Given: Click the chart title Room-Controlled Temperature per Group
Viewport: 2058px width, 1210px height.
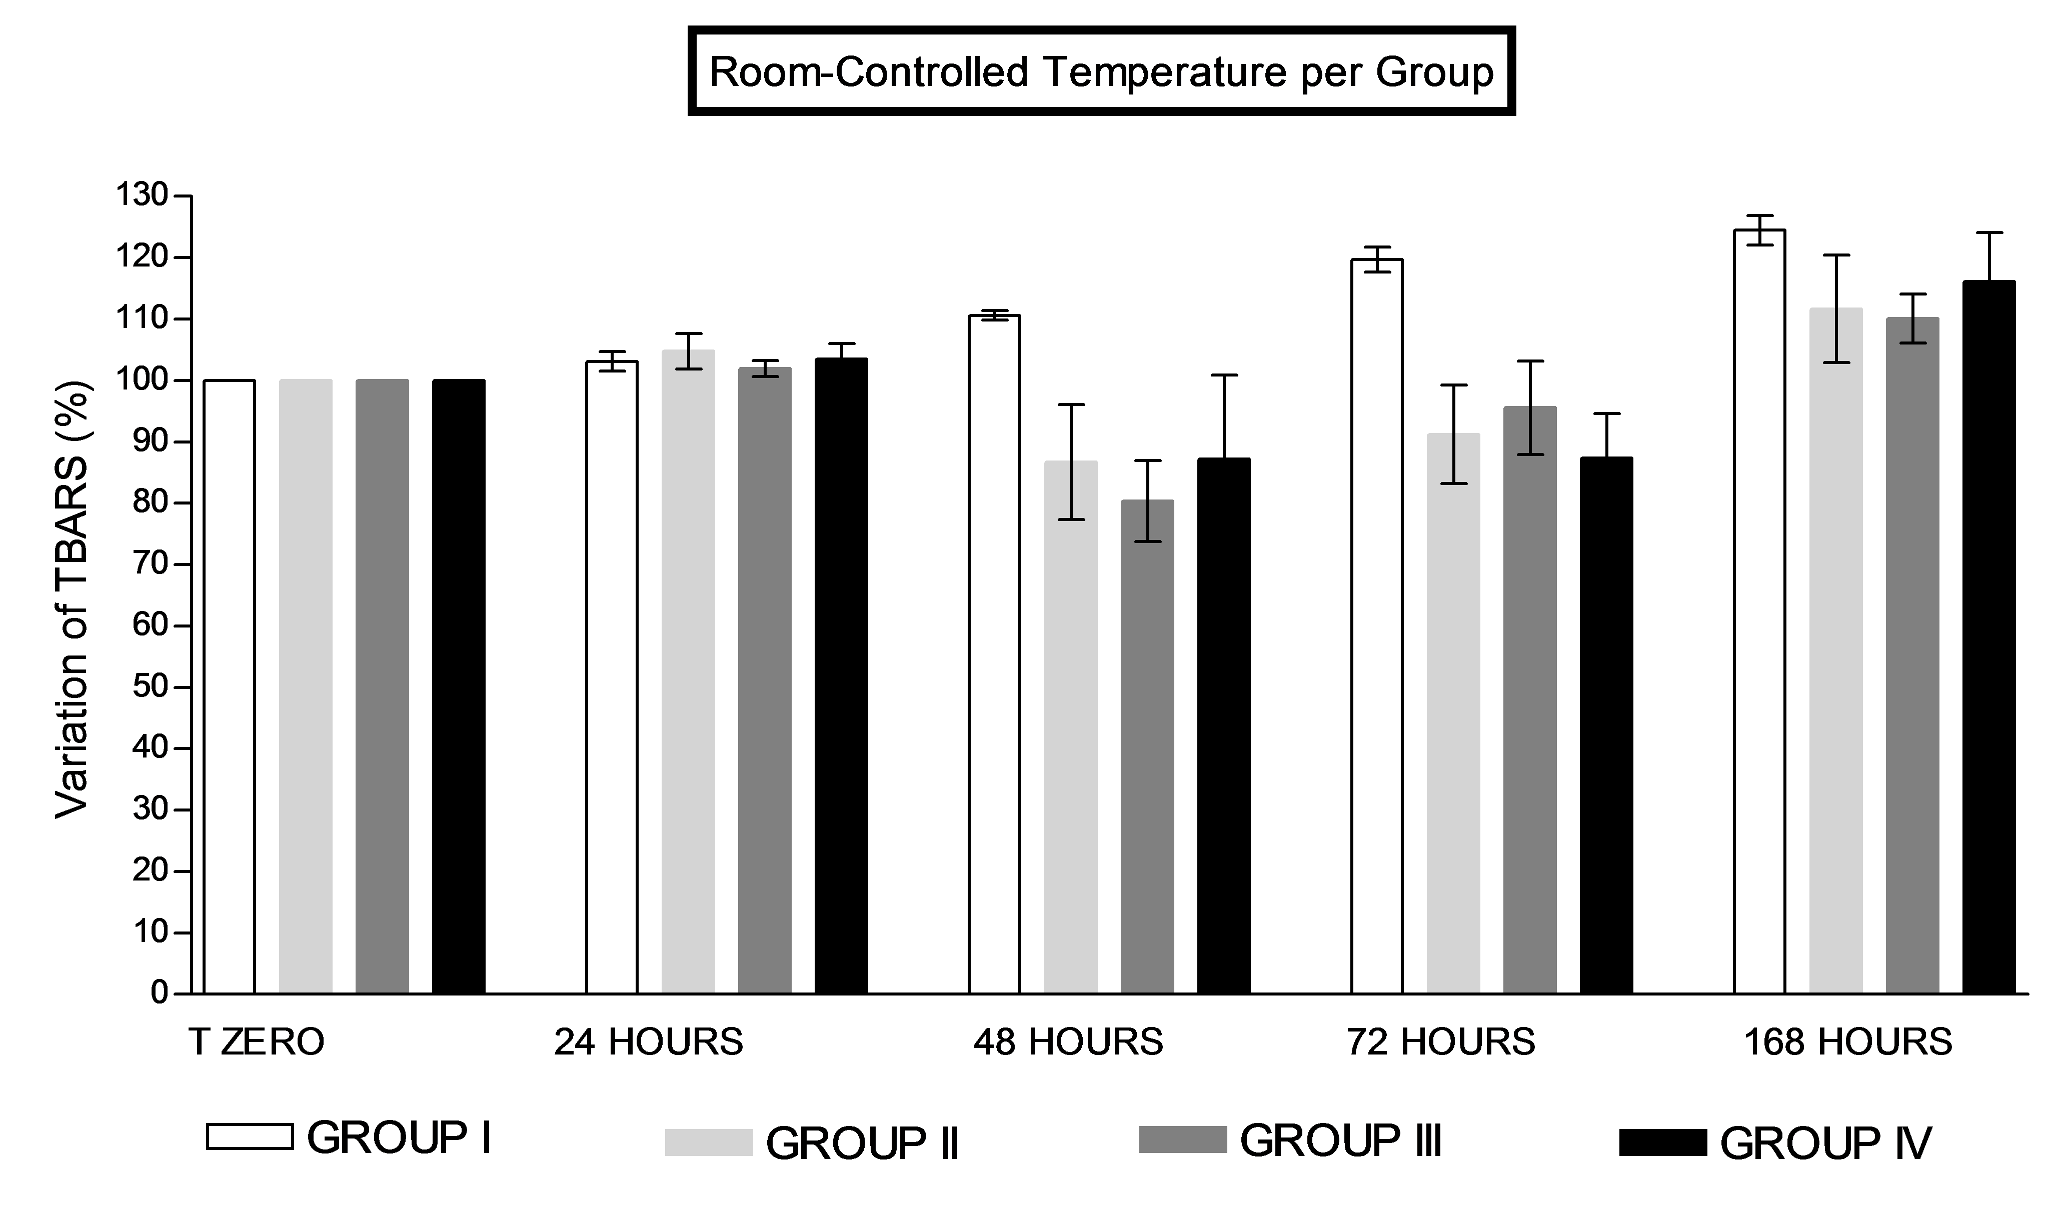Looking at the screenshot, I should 1101,72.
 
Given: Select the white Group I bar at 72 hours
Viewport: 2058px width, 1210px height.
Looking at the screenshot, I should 1377,628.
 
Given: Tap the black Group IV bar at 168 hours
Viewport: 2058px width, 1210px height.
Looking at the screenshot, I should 1988,637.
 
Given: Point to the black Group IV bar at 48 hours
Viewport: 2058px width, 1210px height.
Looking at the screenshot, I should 1223,726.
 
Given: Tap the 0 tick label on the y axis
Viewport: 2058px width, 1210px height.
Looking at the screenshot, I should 159,993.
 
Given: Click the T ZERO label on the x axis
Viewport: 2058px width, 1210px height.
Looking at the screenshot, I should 257,1042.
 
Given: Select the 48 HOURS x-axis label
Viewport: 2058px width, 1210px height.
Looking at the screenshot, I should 1068,1042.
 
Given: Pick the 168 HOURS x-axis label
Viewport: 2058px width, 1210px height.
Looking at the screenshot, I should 1848,1042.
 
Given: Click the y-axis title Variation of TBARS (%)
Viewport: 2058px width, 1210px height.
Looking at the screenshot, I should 72,600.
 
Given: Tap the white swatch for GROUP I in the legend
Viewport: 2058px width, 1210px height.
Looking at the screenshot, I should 250,1136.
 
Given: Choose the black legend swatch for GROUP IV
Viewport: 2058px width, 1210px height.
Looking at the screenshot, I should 1663,1142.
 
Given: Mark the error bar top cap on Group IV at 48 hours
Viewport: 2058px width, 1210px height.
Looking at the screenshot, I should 1223,375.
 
